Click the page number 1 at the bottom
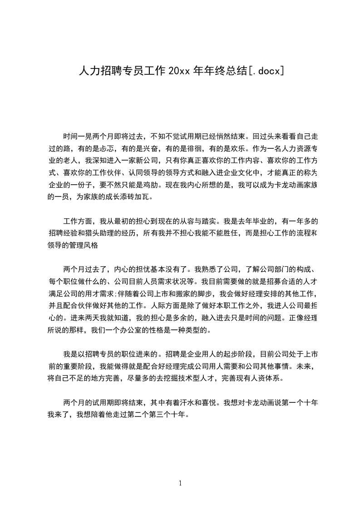coord(180,483)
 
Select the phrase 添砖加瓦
coord(140,197)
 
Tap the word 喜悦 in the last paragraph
coord(210,402)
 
